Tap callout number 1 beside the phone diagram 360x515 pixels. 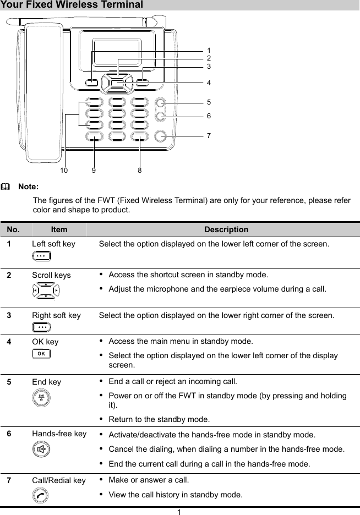[209, 50]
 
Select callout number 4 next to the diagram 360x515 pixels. [209, 83]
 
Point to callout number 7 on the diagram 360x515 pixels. [209, 135]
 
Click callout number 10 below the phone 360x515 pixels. [64, 171]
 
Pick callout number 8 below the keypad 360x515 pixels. [140, 171]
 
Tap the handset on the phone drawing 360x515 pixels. [41, 94]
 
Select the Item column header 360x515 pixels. [59, 229]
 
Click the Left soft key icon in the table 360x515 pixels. [40, 256]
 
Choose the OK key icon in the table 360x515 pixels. [40, 353]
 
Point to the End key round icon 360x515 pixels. [40, 398]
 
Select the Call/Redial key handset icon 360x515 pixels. [40, 495]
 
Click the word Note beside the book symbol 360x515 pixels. [28, 187]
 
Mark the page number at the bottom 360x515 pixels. [179, 511]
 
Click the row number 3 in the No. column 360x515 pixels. [9, 315]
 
